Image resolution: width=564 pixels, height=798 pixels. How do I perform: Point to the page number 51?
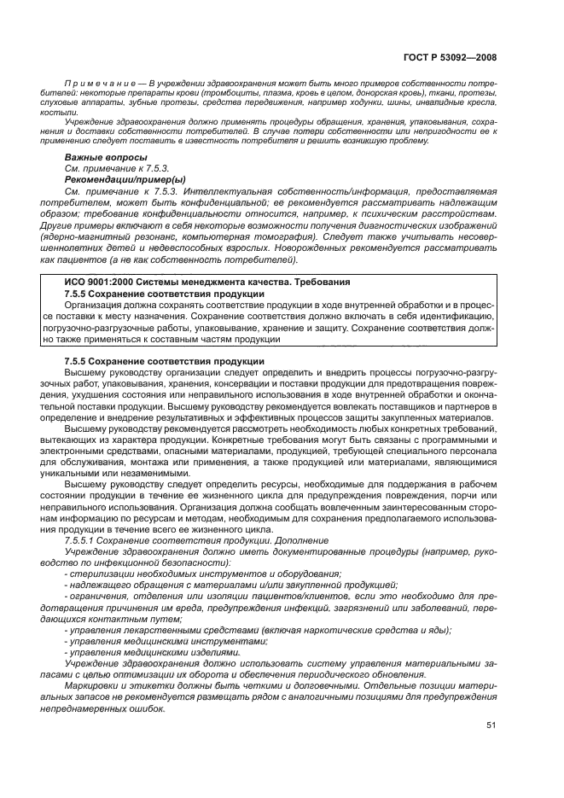pos(491,725)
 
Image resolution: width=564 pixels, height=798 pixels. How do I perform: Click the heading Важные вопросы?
pos(99,158)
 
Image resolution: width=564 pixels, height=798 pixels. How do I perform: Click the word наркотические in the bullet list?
pos(323,630)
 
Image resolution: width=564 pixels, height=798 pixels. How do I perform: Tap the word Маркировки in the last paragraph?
pos(90,685)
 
